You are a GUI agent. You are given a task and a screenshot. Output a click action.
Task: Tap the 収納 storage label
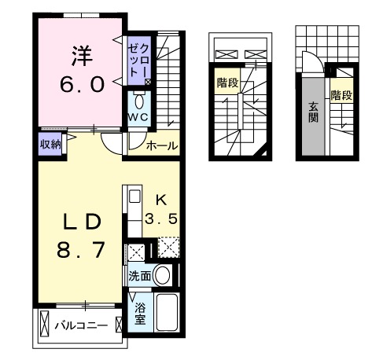coord(50,144)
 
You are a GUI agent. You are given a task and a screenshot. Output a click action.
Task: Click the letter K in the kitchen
coord(160,198)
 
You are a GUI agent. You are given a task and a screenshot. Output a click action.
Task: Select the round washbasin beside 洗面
coord(163,275)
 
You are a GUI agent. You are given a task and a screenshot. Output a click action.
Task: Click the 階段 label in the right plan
coord(341,95)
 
